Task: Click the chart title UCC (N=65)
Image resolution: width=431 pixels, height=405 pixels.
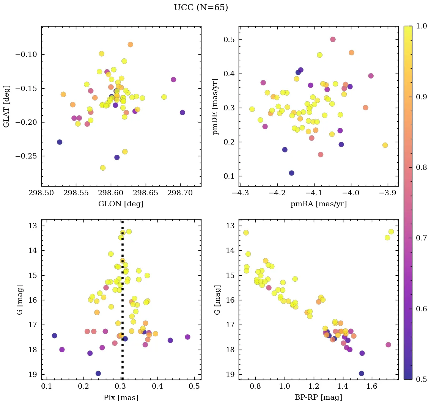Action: click(201, 8)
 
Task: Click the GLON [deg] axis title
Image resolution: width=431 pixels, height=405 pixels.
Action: click(121, 204)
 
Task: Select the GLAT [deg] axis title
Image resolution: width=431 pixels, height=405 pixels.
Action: click(6, 106)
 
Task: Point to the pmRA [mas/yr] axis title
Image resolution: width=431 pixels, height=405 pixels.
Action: click(318, 204)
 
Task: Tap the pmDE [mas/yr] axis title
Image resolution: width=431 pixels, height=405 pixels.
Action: click(215, 106)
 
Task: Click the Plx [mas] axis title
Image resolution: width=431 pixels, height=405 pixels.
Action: click(121, 397)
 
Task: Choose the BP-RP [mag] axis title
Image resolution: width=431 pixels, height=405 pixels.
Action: click(318, 397)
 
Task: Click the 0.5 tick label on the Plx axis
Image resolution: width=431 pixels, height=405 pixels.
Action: click(195, 387)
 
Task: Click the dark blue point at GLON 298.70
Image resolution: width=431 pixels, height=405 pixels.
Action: click(182, 113)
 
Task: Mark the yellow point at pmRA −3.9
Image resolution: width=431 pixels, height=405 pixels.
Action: click(385, 145)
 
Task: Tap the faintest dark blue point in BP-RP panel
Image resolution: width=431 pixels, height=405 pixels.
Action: click(361, 374)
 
